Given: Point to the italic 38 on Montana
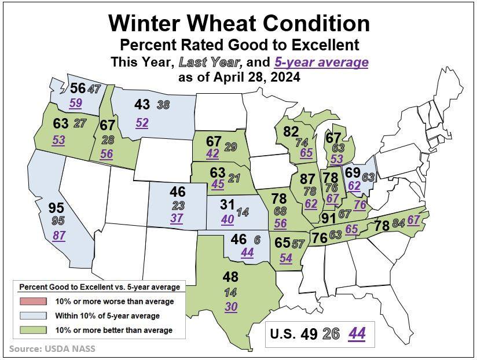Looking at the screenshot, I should click(163, 105).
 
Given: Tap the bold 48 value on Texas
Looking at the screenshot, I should click(231, 277).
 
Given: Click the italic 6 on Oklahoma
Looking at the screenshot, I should click(256, 238).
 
